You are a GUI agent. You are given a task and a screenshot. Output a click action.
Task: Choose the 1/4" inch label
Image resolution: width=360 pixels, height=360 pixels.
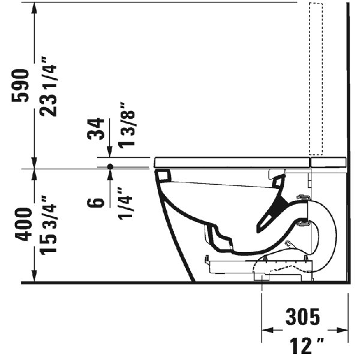(127, 203)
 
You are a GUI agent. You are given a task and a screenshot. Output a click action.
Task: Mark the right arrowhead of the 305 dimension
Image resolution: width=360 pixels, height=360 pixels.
(344, 329)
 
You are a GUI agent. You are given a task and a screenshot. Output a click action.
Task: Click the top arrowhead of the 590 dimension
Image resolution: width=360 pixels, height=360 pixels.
(35, 7)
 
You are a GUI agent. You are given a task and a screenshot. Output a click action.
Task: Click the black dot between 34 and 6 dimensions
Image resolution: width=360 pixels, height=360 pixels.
(110, 166)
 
